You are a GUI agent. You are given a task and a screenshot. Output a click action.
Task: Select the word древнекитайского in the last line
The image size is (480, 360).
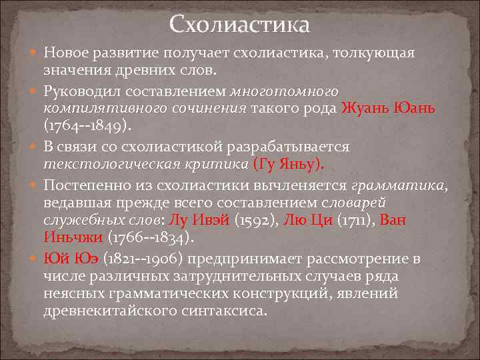click(x=105, y=311)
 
